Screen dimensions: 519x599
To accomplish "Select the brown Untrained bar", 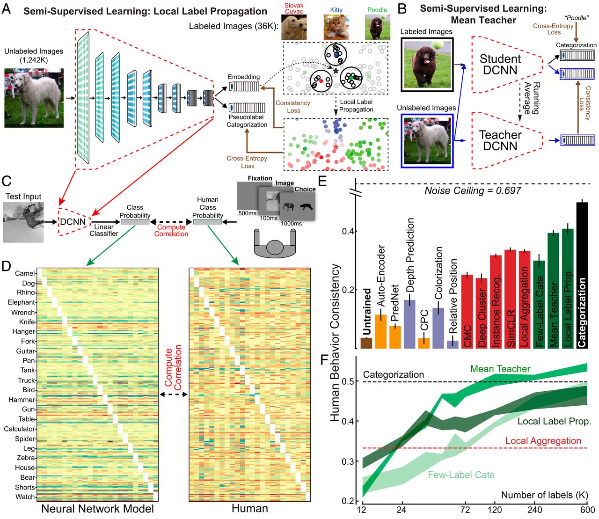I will pos(366,343).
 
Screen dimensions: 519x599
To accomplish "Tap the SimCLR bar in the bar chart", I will pos(511,300).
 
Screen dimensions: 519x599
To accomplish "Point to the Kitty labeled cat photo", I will pos(336,27).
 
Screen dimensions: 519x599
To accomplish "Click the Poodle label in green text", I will pos(377,9).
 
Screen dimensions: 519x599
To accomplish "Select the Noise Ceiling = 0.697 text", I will pos(472,190).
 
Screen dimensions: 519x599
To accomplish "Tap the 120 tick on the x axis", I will pos(494,510).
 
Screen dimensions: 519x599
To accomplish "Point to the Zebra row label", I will pos(26,458).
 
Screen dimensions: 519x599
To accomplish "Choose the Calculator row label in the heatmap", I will pos(19,429).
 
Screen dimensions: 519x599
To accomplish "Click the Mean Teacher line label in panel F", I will pos(500,369).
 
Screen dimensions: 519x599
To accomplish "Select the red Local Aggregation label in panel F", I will pos(543,441).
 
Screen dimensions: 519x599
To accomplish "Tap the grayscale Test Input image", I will pos(23,222).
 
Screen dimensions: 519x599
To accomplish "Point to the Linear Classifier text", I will pos(104,230).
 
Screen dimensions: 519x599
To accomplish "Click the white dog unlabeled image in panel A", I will pos(34,98).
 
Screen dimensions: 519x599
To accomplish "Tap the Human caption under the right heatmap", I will pos(250,509).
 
